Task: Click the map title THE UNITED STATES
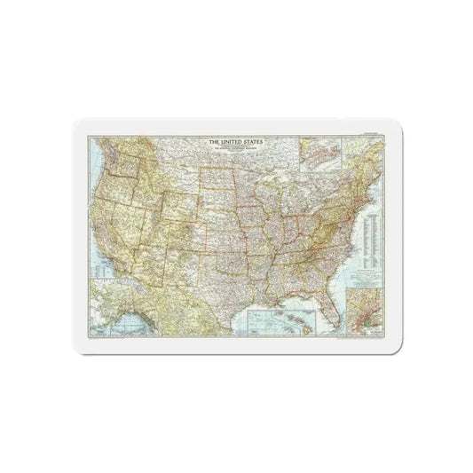(236, 141)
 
